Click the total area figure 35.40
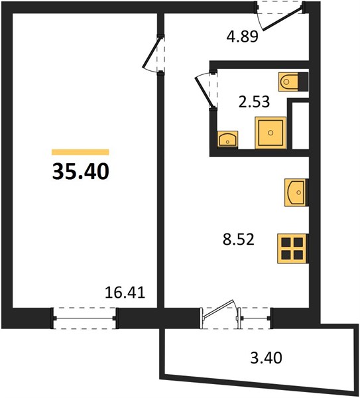[81, 171]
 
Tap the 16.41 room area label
[125, 292]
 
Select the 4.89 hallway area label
[242, 36]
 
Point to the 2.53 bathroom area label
[254, 101]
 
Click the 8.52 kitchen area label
[239, 239]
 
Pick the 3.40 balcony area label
[266, 358]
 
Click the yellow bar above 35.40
[80, 152]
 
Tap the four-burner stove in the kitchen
[292, 249]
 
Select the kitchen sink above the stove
[296, 192]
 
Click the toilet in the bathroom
[288, 82]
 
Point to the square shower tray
[270, 133]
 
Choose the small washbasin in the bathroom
[227, 139]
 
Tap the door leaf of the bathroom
[204, 92]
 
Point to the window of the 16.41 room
[85, 318]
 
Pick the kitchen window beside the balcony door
[255, 318]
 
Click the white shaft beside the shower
[300, 126]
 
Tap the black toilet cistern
[303, 82]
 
